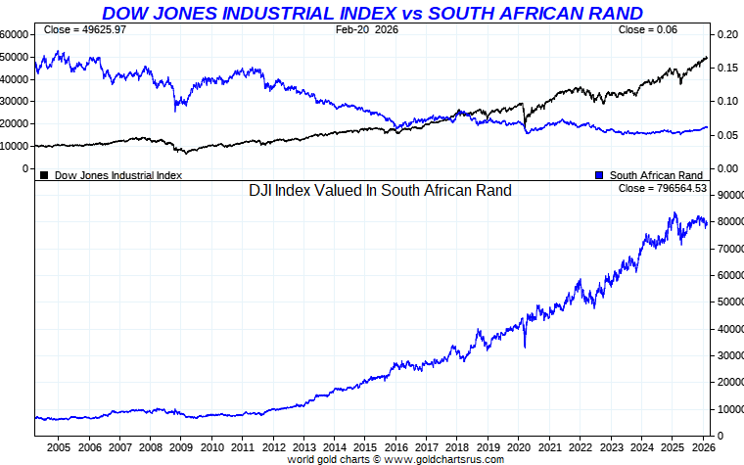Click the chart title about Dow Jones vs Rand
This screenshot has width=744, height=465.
click(x=373, y=13)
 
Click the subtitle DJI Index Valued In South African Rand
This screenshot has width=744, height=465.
click(x=381, y=191)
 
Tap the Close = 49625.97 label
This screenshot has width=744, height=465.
click(x=85, y=30)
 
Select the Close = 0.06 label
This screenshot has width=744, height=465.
click(x=648, y=30)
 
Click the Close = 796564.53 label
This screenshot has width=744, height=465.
click(x=662, y=187)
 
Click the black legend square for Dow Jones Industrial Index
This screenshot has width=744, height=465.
click(x=44, y=175)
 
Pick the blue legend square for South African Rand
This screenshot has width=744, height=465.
click(x=598, y=175)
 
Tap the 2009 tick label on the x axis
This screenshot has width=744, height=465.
click(x=181, y=447)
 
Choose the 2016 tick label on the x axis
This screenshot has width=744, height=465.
click(x=395, y=447)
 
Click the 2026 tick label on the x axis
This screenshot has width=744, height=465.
click(x=701, y=447)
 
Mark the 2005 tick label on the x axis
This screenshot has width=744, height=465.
click(x=58, y=447)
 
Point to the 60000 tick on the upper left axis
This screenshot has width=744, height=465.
click(x=13, y=33)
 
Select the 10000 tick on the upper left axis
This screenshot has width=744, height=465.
click(x=13, y=146)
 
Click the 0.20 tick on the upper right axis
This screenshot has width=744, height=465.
click(x=727, y=33)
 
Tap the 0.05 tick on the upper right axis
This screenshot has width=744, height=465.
click(x=727, y=135)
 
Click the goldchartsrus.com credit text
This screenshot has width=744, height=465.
click(x=395, y=459)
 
